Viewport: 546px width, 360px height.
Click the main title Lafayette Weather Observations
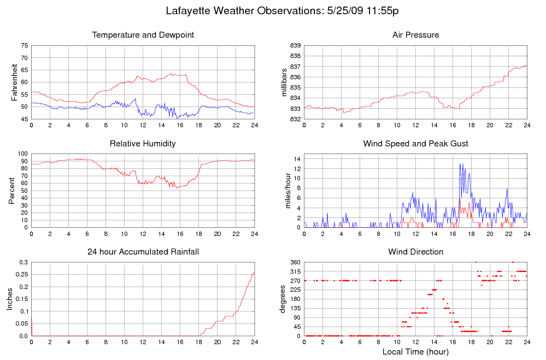285,11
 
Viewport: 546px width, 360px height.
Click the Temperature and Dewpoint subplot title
143,35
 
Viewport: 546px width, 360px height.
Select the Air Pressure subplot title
415,35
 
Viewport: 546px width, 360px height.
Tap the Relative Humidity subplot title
143,144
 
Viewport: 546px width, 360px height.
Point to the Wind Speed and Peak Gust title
415,144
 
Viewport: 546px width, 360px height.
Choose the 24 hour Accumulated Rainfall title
143,252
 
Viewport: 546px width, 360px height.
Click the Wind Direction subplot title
415,252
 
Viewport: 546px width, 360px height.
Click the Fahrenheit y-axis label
14,82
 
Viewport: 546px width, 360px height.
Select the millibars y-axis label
284,82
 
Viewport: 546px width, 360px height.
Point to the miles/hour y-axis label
285,191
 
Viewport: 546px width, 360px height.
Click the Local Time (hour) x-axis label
415,351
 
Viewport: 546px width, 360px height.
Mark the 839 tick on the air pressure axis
295,45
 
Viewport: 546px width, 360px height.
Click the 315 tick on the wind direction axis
295,272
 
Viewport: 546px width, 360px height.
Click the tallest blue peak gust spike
460,164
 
